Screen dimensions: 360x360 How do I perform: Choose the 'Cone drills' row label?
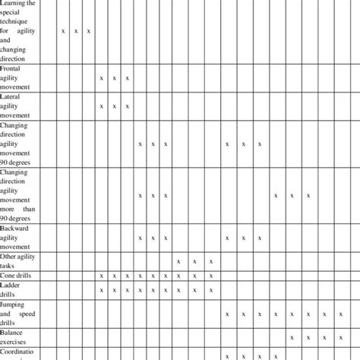click(19, 276)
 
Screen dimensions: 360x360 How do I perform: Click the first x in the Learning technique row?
click(63, 31)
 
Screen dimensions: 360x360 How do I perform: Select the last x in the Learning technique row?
click(89, 31)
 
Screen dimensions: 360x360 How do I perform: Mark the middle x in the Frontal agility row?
click(114, 77)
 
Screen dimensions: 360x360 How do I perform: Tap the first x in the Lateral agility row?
click(101, 106)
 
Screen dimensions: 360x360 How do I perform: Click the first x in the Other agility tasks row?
click(178, 261)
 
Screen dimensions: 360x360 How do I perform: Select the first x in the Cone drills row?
click(101, 276)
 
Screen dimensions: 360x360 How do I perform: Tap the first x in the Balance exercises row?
click(292, 337)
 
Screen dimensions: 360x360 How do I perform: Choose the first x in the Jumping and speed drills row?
click(226, 313)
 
